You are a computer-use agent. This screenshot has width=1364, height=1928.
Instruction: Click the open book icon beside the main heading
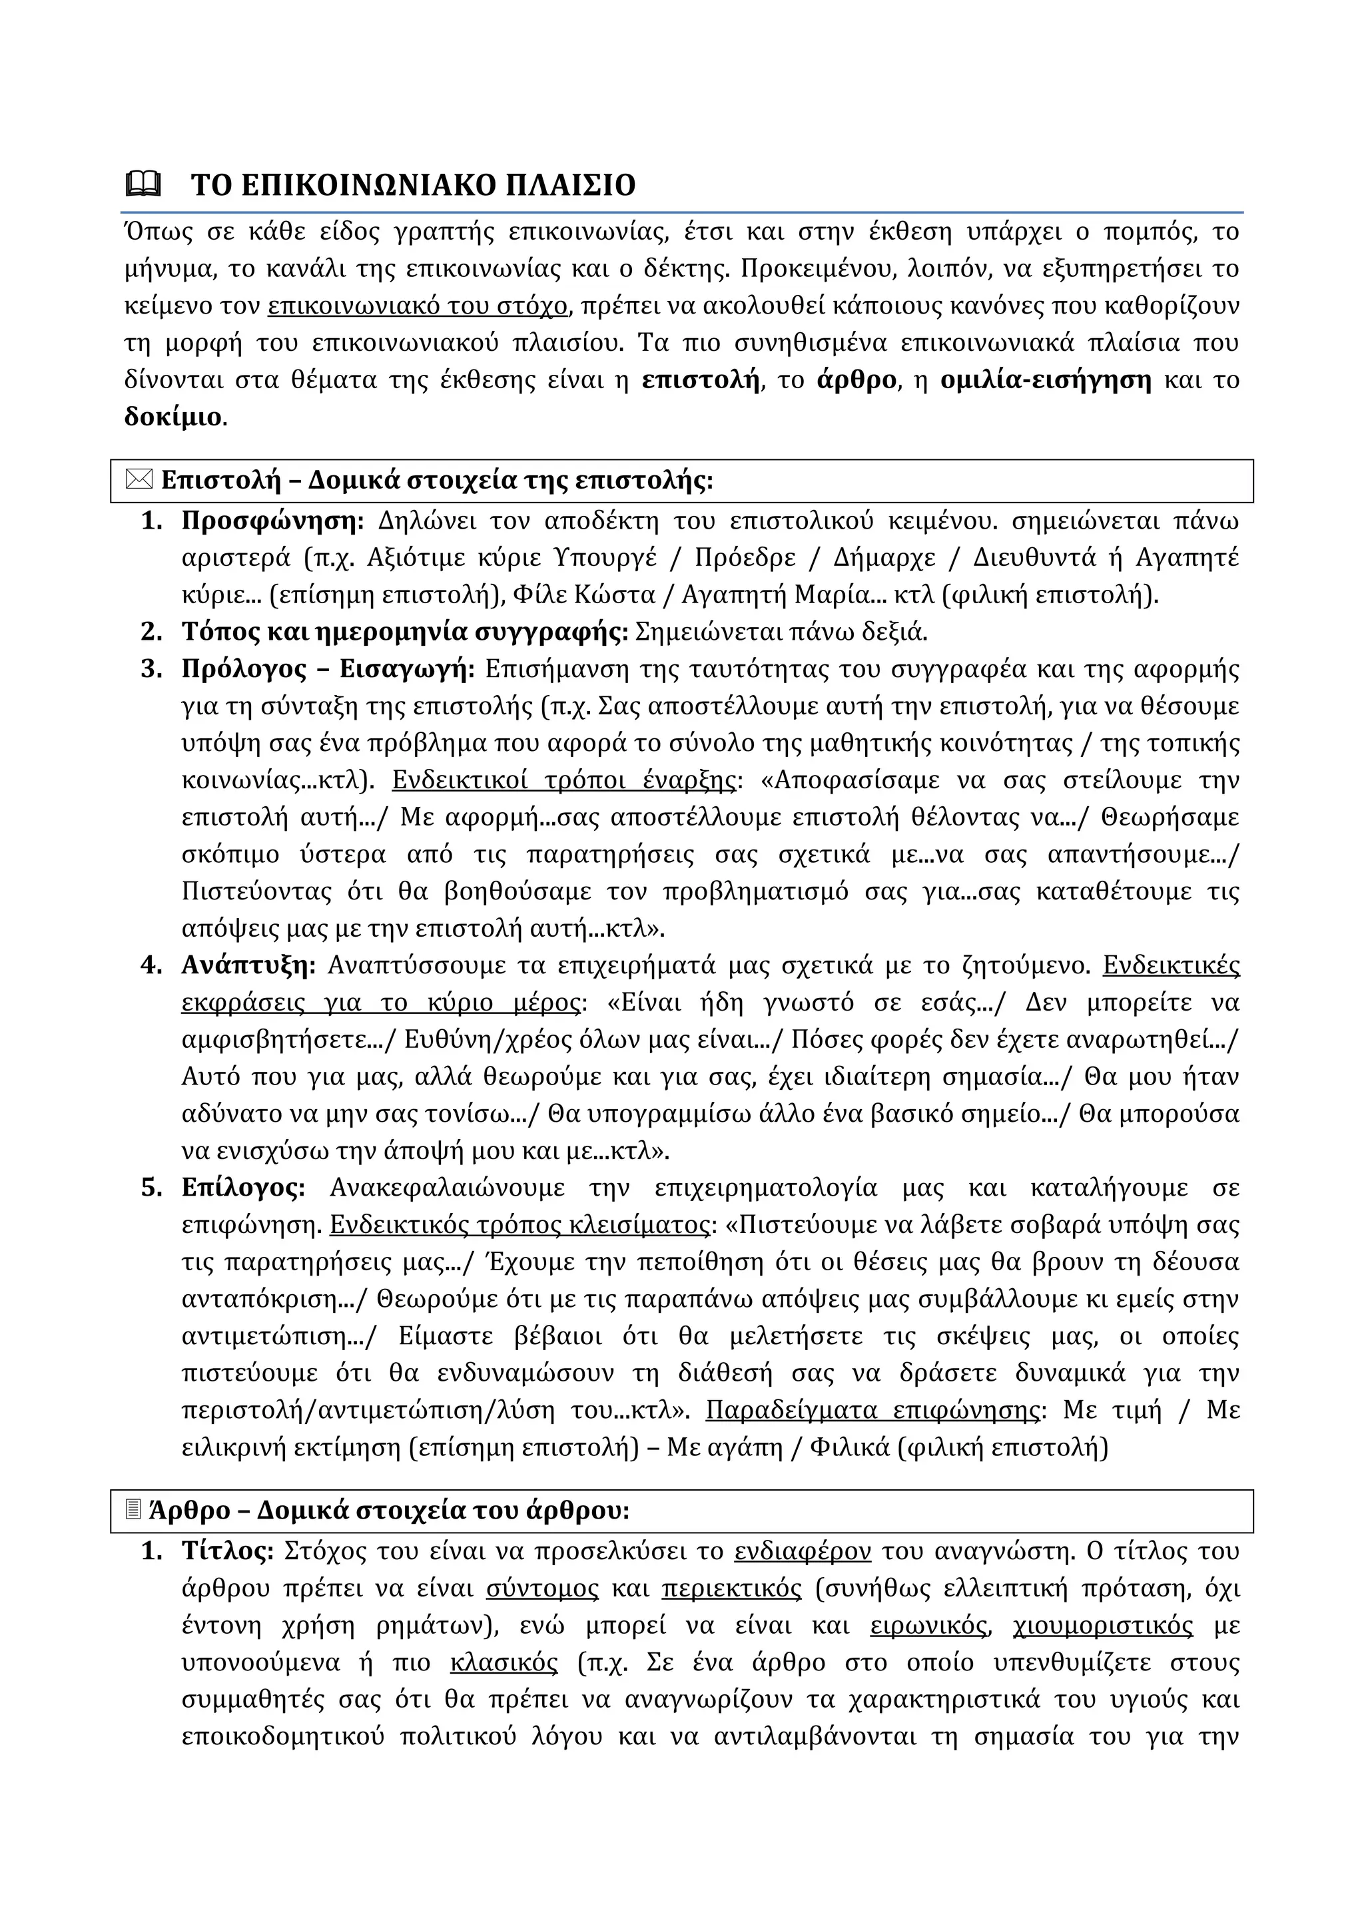click(143, 183)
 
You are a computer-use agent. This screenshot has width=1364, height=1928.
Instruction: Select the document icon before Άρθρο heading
click(132, 1511)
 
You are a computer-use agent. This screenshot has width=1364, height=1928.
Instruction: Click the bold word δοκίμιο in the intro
click(174, 417)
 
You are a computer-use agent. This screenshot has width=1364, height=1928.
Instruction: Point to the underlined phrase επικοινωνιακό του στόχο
click(418, 306)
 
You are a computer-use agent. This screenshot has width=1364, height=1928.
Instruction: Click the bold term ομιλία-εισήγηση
click(1046, 379)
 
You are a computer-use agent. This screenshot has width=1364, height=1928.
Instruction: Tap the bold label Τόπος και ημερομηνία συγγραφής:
click(405, 632)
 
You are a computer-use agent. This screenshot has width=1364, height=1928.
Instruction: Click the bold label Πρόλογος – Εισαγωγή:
click(328, 669)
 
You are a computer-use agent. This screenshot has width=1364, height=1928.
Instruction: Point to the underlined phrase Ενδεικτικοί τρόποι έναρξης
click(563, 780)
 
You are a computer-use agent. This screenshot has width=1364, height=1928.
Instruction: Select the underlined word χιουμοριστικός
click(1103, 1625)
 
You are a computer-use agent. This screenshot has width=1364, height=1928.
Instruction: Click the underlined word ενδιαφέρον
click(802, 1551)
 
